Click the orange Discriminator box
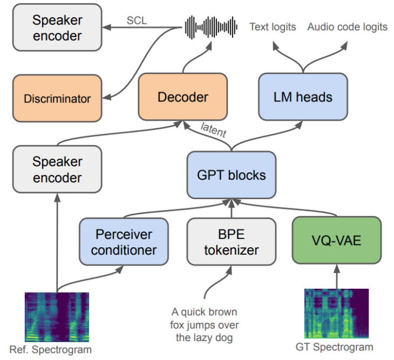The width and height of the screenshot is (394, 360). (x=57, y=98)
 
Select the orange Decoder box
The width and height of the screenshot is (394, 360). (x=182, y=97)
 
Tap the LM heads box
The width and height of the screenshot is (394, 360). (x=303, y=97)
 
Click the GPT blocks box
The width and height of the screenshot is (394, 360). (x=231, y=175)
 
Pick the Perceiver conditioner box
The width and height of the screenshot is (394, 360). (x=124, y=242)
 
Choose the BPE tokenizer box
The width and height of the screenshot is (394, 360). (x=231, y=242)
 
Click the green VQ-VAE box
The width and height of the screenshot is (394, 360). (x=337, y=242)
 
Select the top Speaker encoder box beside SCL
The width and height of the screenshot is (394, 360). (x=57, y=28)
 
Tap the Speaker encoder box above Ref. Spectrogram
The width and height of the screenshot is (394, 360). (x=57, y=169)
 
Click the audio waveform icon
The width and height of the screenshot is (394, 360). (x=211, y=26)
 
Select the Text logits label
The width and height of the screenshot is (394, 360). (x=273, y=27)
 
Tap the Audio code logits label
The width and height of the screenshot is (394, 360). (x=347, y=27)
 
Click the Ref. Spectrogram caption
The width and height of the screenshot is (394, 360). (x=51, y=349)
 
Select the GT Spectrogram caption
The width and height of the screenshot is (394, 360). (x=334, y=347)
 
